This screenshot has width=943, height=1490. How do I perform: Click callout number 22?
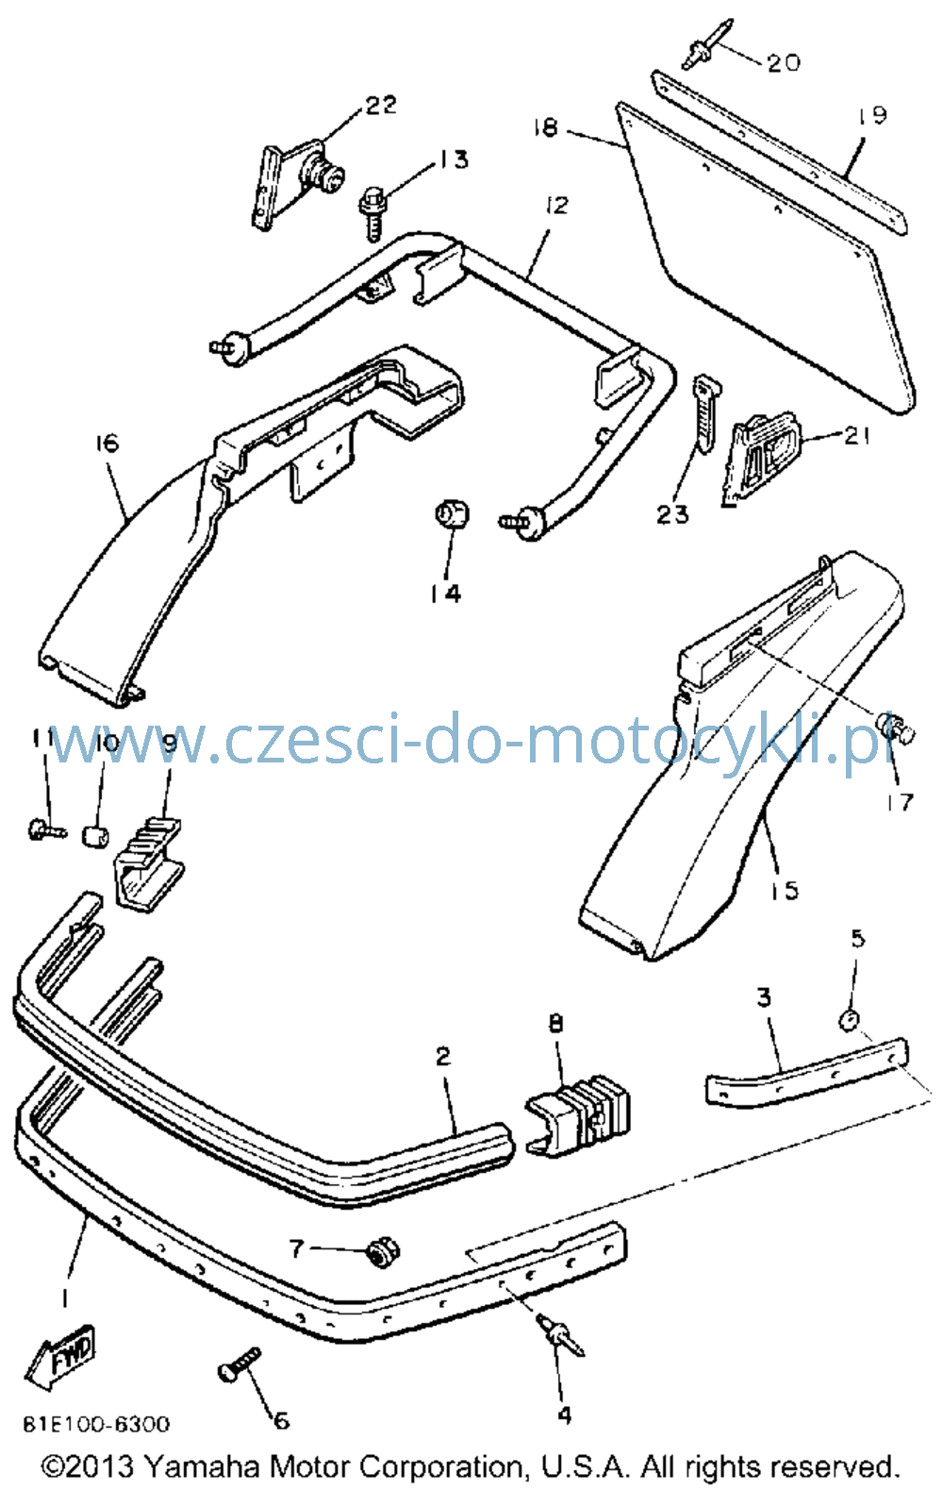point(381,105)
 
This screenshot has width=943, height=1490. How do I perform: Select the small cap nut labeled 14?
point(452,513)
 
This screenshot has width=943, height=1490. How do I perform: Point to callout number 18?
point(546,127)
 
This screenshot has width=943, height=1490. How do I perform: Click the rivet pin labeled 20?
point(707,43)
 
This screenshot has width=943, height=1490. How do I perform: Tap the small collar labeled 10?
point(95,836)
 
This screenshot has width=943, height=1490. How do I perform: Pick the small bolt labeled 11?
point(47,829)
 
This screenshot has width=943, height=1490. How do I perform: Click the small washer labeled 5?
point(850,1020)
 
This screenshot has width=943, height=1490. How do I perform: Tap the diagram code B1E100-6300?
point(96,1424)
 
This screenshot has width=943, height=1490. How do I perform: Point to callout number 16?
point(107,443)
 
